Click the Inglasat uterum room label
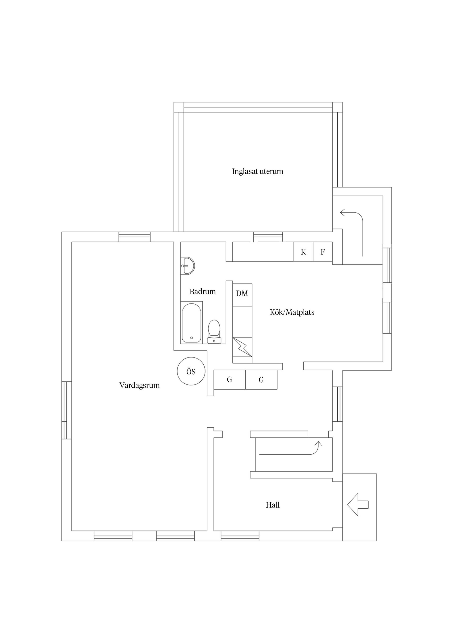tap(257, 171)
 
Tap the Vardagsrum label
tap(139, 385)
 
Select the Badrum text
tap(203, 291)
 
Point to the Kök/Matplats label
tap(292, 312)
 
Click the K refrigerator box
tap(303, 252)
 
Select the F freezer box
tap(323, 252)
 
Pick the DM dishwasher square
tap(242, 295)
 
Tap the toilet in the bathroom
tap(214, 332)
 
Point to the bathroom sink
tap(187, 266)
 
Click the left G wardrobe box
tap(229, 380)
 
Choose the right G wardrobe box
tap(261, 380)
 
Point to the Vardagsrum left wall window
tap(67, 410)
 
